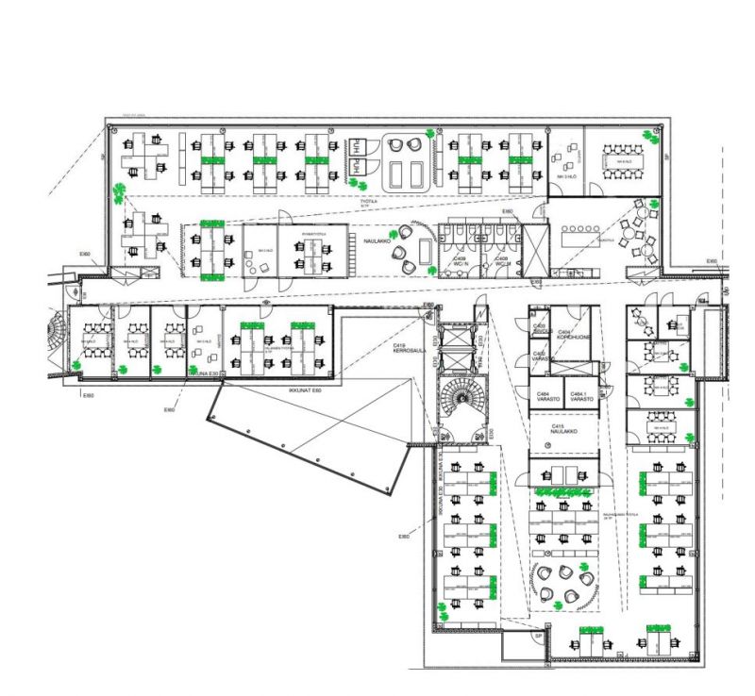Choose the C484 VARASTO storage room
(x=545, y=396)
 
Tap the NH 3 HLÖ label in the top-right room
(x=566, y=176)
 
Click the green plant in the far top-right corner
(x=649, y=134)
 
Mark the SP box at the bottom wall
(x=539, y=637)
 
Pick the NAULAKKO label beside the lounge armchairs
(x=377, y=241)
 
